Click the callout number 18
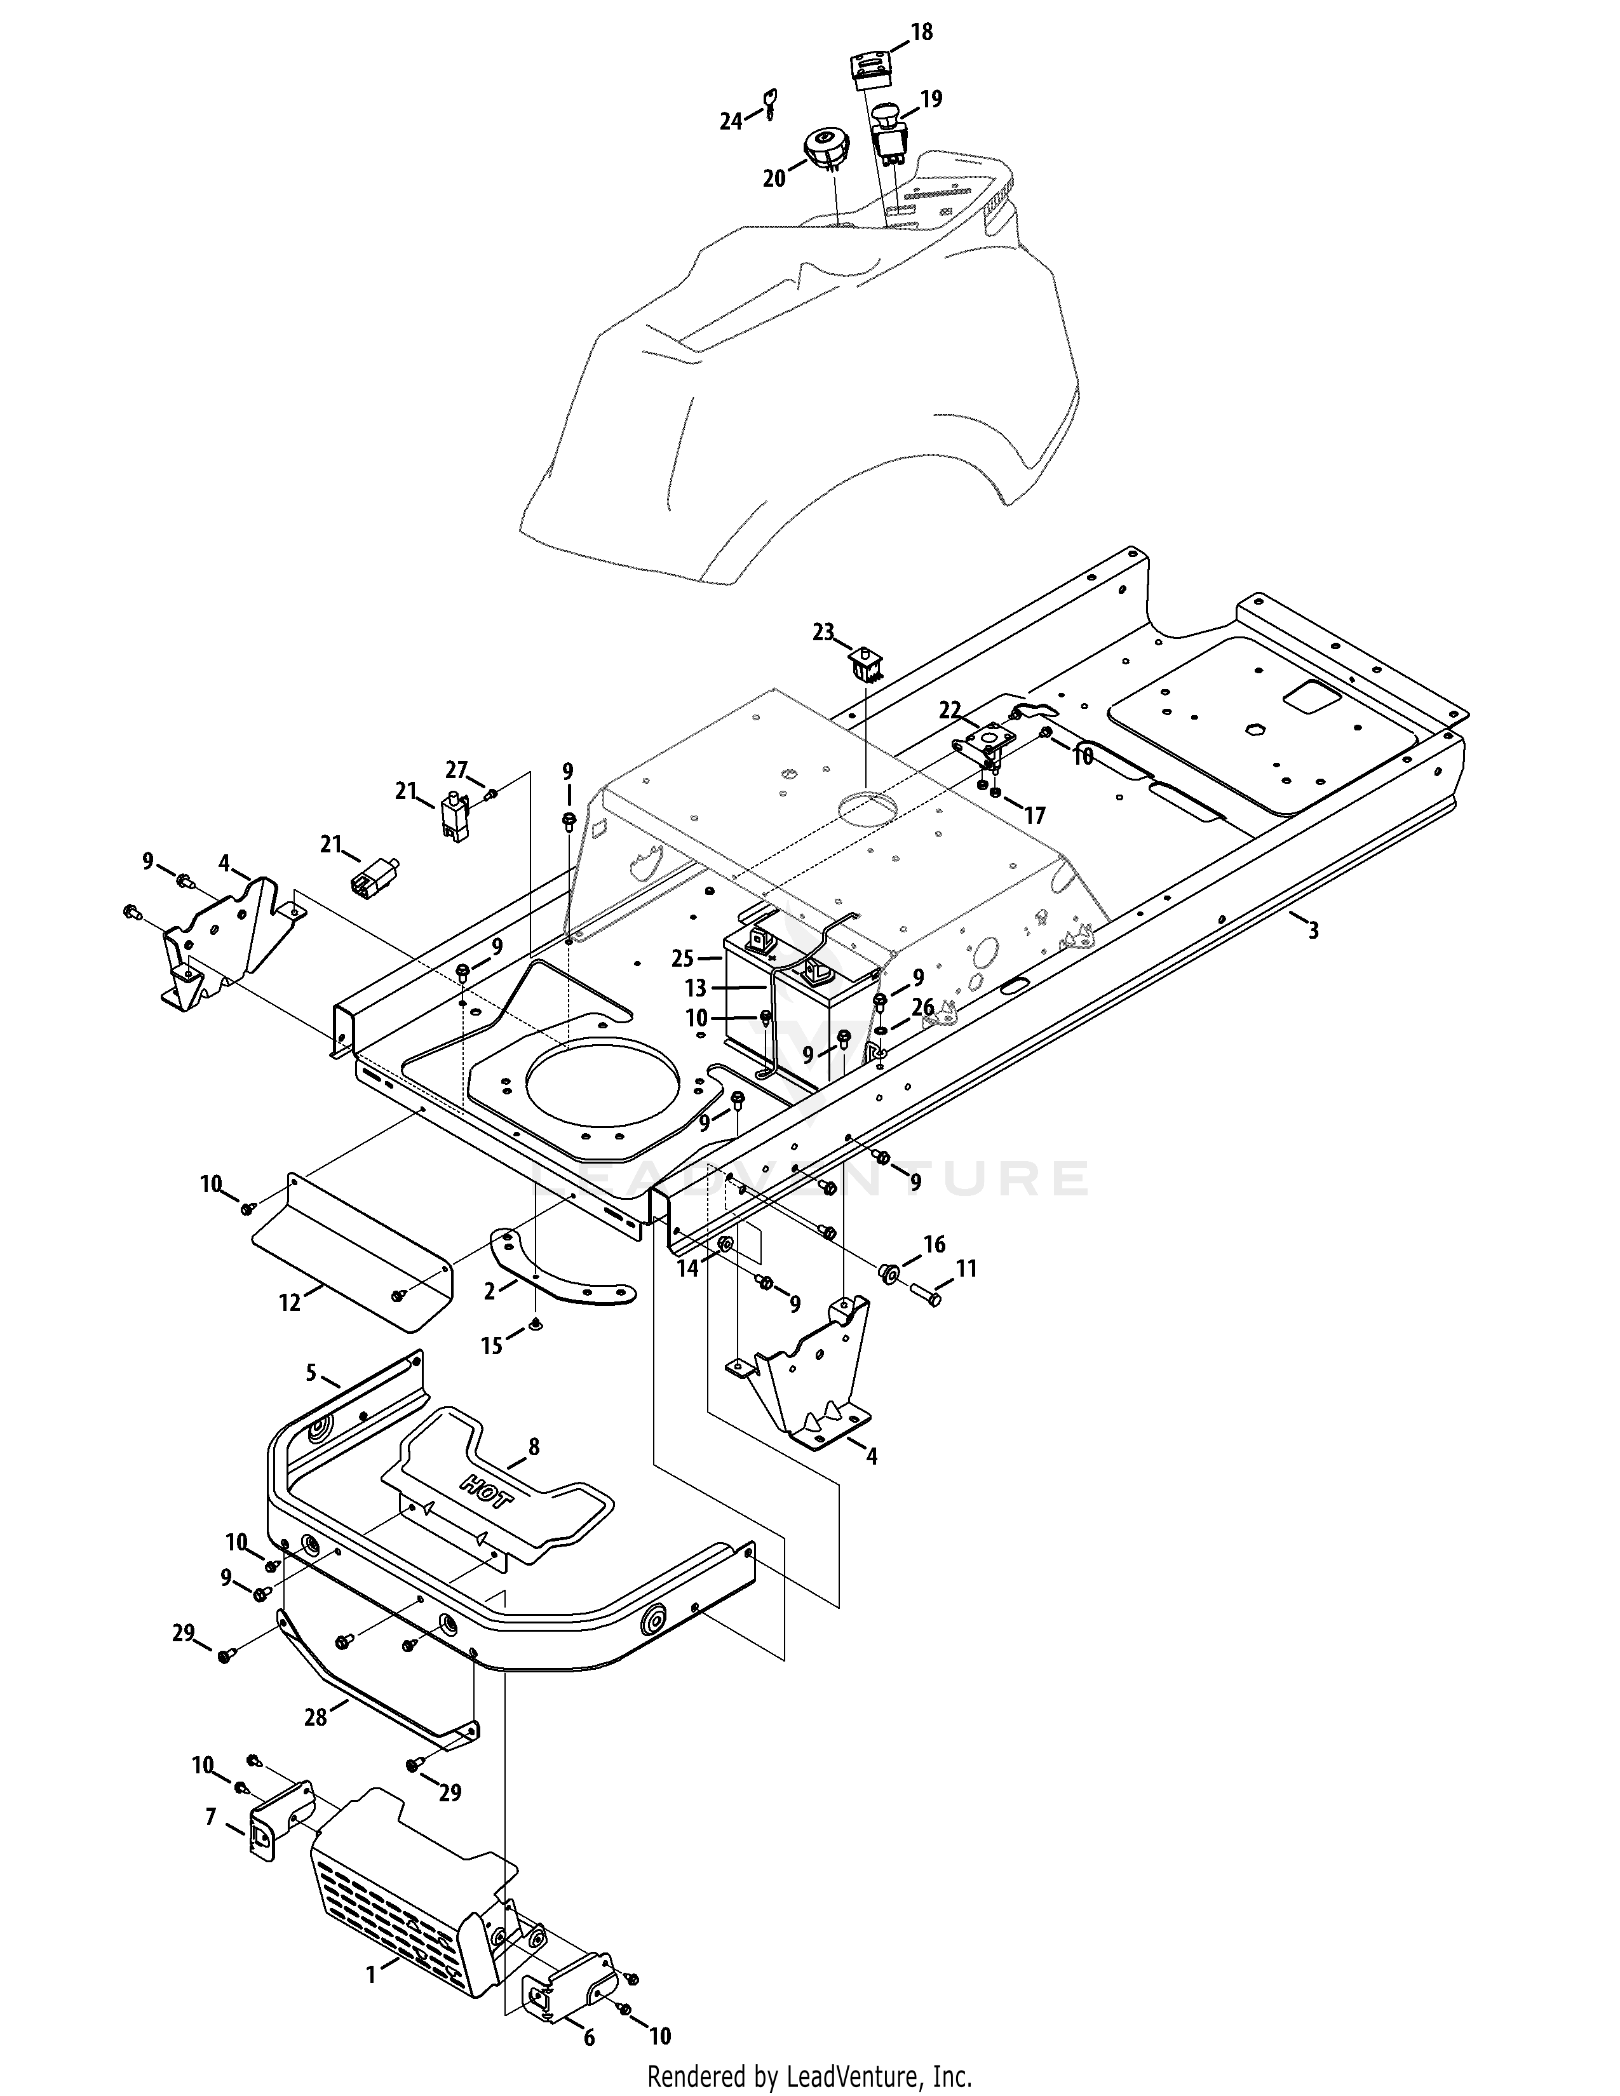[921, 32]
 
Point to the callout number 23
[823, 633]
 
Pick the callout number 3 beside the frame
[1313, 930]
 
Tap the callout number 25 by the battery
[682, 958]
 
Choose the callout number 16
[934, 1245]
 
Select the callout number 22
[949, 710]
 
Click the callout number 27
[456, 770]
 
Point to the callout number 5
[311, 1373]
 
